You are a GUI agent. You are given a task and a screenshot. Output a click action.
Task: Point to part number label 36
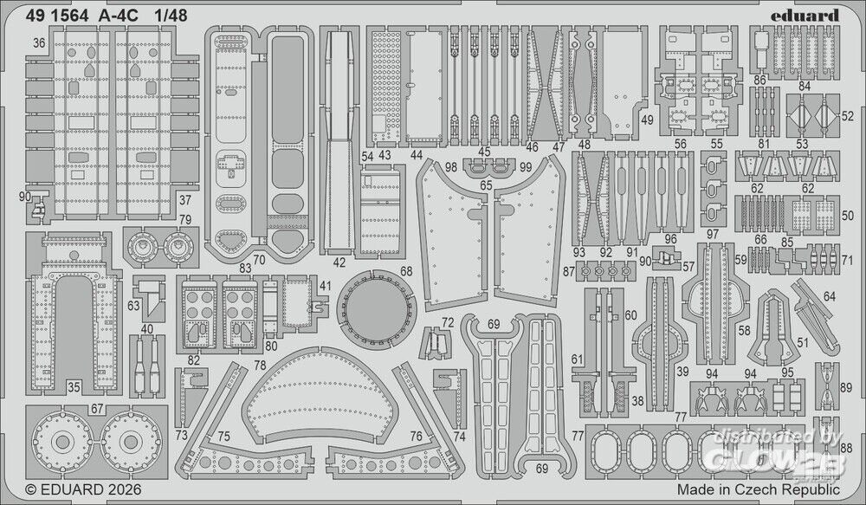click(38, 42)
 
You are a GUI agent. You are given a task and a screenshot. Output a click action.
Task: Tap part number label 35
click(74, 387)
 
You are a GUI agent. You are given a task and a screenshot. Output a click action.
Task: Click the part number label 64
click(830, 297)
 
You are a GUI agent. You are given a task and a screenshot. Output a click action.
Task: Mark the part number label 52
click(847, 115)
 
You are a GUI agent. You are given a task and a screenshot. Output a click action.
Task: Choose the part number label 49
click(647, 120)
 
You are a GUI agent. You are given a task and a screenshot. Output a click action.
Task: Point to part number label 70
click(259, 257)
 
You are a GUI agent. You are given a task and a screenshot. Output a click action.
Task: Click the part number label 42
click(339, 262)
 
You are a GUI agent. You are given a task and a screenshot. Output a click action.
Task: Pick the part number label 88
click(846, 447)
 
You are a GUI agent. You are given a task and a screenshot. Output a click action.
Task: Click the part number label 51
click(803, 343)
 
